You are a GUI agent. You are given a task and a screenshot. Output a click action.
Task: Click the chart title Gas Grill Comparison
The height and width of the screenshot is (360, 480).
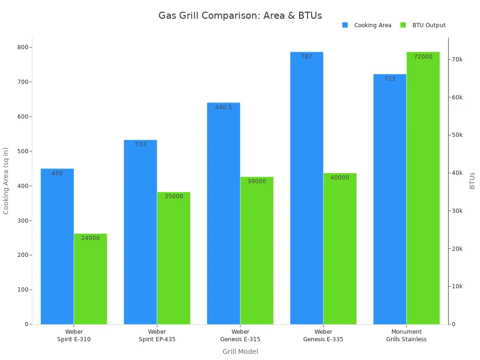click(x=240, y=15)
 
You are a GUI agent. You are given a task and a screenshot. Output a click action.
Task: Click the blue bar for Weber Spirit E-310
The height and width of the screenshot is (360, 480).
click(x=57, y=246)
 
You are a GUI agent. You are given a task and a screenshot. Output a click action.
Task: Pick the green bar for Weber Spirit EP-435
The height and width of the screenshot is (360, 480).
click(x=173, y=258)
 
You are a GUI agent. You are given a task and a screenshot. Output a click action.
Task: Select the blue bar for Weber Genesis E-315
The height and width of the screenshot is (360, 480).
click(x=224, y=213)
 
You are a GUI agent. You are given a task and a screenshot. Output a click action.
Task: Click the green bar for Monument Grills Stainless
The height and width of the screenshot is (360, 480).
click(x=423, y=187)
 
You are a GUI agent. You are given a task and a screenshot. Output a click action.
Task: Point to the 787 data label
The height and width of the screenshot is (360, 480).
click(x=307, y=57)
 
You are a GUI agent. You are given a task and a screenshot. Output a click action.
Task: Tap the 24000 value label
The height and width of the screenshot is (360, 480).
click(x=90, y=238)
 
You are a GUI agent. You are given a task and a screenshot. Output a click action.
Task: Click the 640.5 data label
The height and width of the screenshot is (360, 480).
click(x=224, y=107)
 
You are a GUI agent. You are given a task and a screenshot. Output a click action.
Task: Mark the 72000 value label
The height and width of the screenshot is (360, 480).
click(x=423, y=57)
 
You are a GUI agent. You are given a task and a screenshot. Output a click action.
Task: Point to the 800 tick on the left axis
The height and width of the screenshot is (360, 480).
click(x=22, y=47)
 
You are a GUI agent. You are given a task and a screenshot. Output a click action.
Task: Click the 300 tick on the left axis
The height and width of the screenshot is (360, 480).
click(x=22, y=220)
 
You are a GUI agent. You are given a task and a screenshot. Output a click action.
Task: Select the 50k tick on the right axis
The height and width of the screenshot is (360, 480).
click(x=457, y=135)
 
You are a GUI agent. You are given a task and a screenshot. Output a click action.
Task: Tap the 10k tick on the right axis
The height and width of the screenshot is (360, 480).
click(x=457, y=286)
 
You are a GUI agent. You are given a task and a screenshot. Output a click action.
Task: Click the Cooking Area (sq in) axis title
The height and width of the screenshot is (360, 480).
click(x=6, y=181)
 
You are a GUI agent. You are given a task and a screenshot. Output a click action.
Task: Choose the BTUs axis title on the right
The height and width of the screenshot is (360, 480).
click(x=472, y=180)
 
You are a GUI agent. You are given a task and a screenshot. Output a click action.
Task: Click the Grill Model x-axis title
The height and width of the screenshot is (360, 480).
click(x=240, y=352)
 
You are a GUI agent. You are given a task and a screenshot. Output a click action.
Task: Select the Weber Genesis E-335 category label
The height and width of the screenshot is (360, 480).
click(x=323, y=336)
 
